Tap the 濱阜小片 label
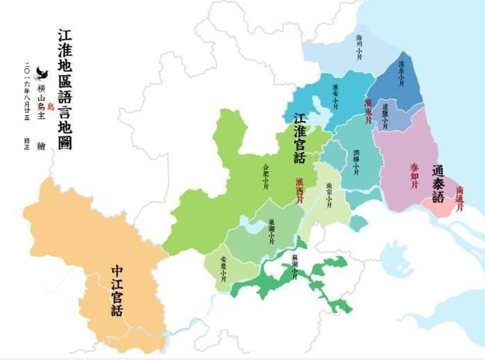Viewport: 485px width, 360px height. pyautogui.click(x=402, y=77)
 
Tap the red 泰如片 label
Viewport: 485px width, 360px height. pyautogui.click(x=414, y=172)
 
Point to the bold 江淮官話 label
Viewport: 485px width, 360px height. pyautogui.click(x=300, y=137)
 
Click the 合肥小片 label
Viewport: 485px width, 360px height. pyautogui.click(x=265, y=173)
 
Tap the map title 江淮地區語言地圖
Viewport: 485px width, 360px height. pyautogui.click(x=64, y=89)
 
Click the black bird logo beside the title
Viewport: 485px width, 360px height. pyautogui.click(x=42, y=80)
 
